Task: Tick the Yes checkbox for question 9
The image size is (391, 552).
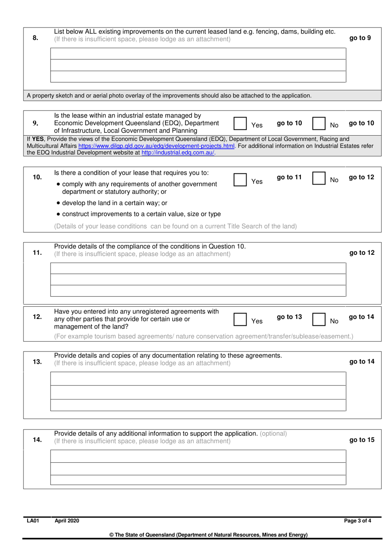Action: pos(240,123)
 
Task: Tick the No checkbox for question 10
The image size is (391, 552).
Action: pos(319,178)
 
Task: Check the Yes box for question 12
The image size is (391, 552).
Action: pos(240,319)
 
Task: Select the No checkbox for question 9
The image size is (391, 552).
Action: pos(319,123)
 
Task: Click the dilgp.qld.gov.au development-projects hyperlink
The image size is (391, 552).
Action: pos(156,146)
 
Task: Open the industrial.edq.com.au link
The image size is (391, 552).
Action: pos(178,152)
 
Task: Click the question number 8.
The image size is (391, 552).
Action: pos(35,38)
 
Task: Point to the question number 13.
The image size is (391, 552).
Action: pos(37,362)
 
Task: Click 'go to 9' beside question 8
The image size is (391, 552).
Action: pos(360,38)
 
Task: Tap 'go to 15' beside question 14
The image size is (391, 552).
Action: pos(362,440)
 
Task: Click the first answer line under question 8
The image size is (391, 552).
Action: pos(198,54)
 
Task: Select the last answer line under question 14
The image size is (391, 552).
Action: pos(198,480)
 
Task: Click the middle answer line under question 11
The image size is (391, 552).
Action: pos(198,279)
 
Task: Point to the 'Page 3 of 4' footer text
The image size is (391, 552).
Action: pos(357,521)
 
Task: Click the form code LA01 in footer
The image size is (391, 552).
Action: pos(33,521)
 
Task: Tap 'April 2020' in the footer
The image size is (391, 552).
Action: pos(67,521)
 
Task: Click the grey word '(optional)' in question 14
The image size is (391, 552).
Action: pos(273,434)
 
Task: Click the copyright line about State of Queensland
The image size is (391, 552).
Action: pos(208,535)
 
